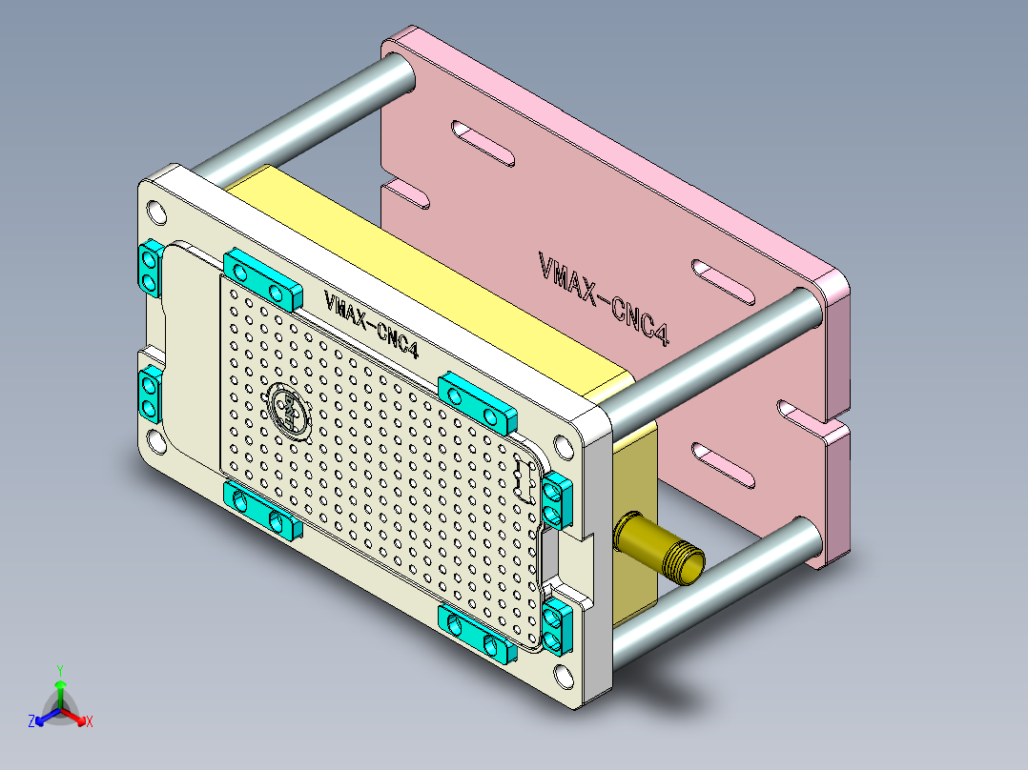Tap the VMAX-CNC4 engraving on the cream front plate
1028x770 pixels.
(x=372, y=322)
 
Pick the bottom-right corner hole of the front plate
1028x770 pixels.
(x=562, y=676)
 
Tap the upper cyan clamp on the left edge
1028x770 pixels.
(x=149, y=269)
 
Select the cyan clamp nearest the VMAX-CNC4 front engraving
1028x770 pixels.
(x=260, y=278)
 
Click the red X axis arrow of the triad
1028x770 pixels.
(x=80, y=718)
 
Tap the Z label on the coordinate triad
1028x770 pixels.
(x=31, y=722)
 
